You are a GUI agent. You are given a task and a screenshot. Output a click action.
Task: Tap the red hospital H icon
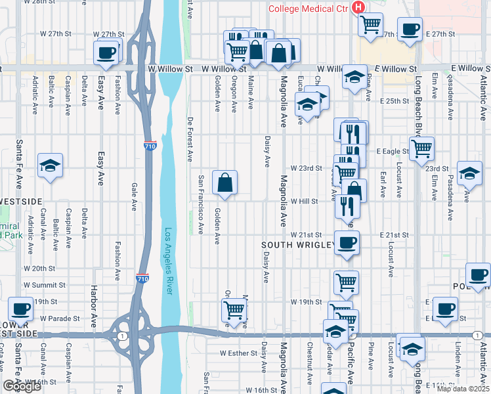tap(358, 7)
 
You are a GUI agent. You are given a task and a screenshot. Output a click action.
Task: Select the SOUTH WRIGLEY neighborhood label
tap(299, 245)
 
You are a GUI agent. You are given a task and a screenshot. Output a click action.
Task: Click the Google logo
tap(22, 386)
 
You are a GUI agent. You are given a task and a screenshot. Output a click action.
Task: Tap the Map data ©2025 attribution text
tap(463, 389)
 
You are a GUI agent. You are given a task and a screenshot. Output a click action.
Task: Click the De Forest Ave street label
tap(190, 139)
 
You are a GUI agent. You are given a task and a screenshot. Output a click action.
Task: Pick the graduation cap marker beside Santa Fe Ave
tap(50, 166)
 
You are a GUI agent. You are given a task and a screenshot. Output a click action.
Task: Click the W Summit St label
tap(45, 285)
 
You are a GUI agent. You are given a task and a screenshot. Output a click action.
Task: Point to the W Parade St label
tap(60, 318)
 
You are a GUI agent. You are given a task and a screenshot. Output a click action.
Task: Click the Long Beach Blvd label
tap(417, 98)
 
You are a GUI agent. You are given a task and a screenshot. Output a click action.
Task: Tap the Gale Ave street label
tap(134, 196)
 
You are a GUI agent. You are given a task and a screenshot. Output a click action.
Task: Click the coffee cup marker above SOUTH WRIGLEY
tap(346, 242)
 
